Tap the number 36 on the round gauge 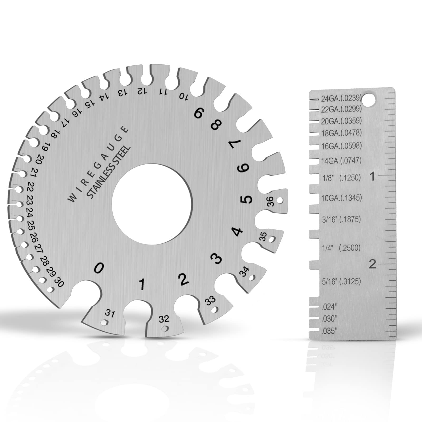pos(271,202)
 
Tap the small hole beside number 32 pos(165,329)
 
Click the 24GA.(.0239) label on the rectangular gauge pos(341,99)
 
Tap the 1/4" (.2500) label pos(341,248)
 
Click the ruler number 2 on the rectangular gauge pos(372,264)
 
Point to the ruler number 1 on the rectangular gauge pos(372,176)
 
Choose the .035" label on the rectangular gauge pos(329,331)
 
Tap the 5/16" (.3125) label pos(341,281)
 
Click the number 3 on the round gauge pos(217,258)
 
